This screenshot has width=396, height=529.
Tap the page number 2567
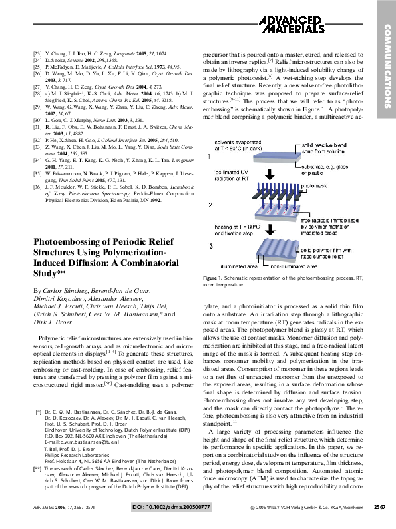(380, 507)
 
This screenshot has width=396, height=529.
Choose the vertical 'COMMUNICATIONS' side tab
(385, 67)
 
